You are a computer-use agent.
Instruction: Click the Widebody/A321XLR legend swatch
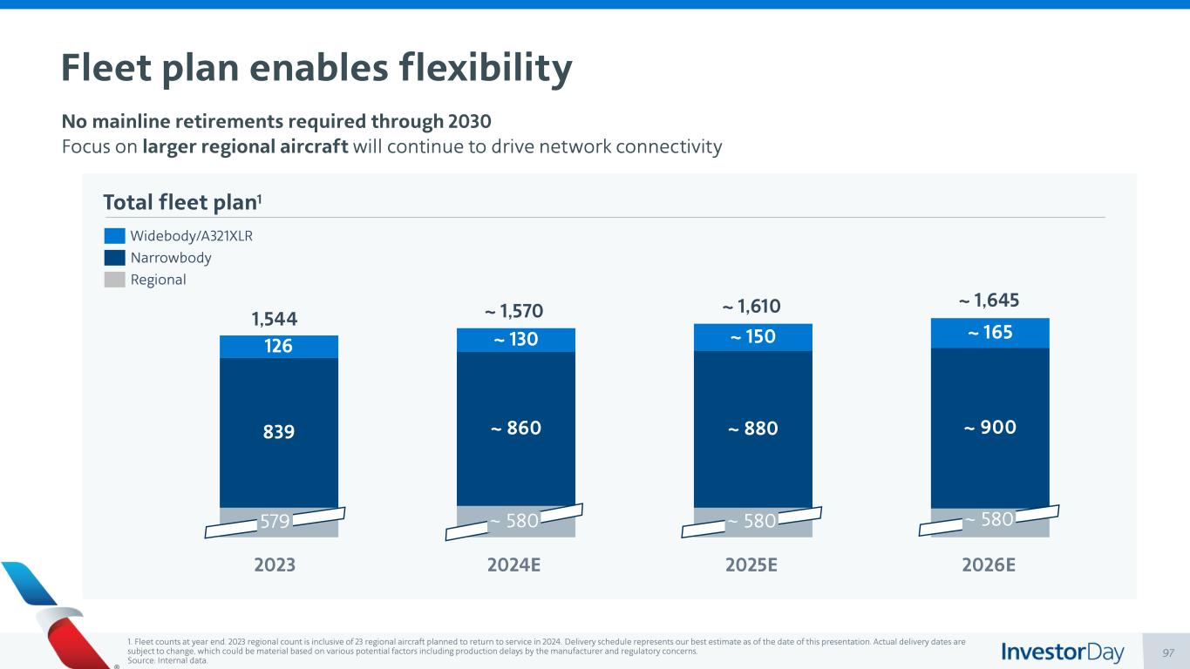click(114, 236)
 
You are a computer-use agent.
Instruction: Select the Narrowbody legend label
click(171, 258)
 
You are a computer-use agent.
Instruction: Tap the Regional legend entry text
click(158, 280)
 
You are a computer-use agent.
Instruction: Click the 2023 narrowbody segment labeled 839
click(279, 432)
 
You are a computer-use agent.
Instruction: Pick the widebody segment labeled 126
click(279, 347)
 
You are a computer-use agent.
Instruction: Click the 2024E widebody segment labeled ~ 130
click(516, 340)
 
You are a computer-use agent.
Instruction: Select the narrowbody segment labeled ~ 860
click(516, 428)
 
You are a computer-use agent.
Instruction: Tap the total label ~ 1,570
click(516, 311)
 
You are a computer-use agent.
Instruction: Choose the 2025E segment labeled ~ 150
click(753, 337)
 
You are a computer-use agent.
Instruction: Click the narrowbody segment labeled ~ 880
click(753, 428)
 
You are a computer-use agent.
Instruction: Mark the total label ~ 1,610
click(752, 307)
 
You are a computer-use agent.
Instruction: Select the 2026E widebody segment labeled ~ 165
click(990, 333)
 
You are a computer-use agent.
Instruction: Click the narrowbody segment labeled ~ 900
click(990, 427)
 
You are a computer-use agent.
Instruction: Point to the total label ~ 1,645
click(989, 301)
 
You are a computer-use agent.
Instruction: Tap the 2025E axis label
click(752, 564)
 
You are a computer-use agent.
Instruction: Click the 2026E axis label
click(989, 564)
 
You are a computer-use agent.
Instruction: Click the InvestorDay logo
click(1063, 652)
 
